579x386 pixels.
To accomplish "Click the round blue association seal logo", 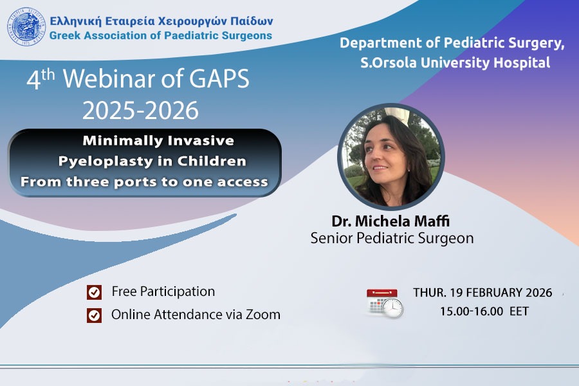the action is tap(26, 26).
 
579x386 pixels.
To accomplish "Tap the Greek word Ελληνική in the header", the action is tap(76, 21).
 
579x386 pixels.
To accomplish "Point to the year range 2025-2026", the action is tap(140, 110).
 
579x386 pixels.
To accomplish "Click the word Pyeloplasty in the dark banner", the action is tap(115, 161).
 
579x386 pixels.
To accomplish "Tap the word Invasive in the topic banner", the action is tap(201, 140).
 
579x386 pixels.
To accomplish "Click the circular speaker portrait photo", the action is tap(391, 156).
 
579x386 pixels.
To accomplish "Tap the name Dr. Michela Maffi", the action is tap(391, 221).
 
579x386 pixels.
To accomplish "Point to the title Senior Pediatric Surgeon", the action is tap(392, 238).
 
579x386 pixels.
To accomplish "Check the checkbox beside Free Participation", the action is tap(94, 292).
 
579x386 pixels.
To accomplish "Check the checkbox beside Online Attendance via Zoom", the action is tap(94, 315).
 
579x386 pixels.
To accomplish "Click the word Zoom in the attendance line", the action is tap(263, 315).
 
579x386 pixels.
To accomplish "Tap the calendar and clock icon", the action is tap(385, 303).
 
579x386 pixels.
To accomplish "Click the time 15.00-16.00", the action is tap(471, 311).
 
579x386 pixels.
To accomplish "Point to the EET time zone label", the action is tap(519, 311).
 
